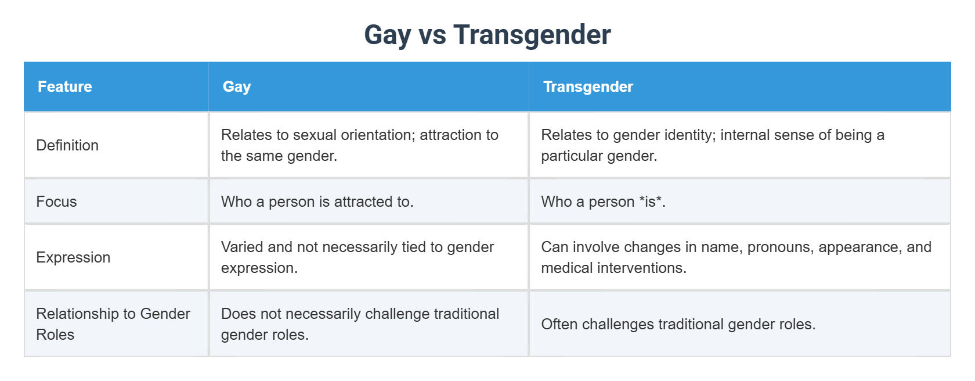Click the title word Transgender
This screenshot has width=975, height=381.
532,35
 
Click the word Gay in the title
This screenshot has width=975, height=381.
388,35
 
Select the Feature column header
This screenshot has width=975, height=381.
65,87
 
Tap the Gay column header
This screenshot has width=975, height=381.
237,87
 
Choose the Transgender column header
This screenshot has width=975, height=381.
588,87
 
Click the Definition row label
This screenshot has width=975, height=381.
67,145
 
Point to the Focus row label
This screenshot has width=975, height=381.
56,202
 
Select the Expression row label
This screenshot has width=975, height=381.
73,257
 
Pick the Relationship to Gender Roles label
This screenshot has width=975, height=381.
113,324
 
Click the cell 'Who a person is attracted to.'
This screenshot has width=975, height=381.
317,202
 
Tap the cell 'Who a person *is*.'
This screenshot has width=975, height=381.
603,202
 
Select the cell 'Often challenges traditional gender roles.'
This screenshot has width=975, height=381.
678,324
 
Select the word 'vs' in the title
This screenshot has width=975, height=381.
432,35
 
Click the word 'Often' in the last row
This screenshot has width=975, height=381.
559,324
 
